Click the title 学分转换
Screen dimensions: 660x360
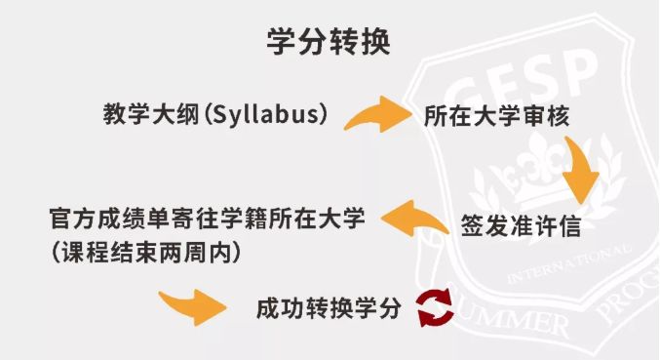point(329,42)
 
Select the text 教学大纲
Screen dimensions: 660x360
point(151,114)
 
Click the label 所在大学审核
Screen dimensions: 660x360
point(496,116)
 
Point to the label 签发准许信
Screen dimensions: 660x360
point(521,226)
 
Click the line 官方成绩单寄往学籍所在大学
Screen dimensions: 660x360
point(207,219)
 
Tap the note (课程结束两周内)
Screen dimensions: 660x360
point(146,253)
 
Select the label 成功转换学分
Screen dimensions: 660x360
point(329,308)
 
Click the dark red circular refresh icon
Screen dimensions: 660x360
point(435,307)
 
